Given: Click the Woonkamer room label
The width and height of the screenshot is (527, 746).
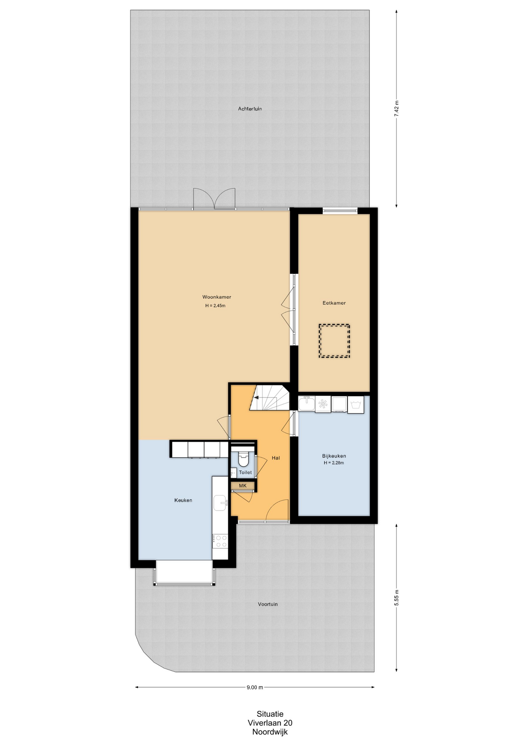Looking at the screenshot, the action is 217,297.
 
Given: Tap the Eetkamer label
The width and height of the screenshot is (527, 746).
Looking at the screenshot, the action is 334,303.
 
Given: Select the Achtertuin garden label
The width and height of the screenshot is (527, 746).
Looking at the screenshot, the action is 250,109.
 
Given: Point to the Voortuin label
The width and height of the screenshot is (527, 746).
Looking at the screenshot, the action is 268,604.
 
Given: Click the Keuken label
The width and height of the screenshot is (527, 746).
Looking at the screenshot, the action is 183,500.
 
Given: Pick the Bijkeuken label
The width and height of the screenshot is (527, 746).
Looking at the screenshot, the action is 334,456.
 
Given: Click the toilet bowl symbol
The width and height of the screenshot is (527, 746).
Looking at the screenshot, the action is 243,459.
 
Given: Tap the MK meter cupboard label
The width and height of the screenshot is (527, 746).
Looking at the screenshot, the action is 243,486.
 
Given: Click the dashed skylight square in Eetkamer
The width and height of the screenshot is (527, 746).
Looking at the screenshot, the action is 334,341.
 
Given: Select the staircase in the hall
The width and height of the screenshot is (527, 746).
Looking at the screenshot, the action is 270,397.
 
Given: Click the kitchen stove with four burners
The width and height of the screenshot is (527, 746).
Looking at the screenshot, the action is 220,541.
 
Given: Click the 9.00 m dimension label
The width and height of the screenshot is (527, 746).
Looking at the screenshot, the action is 255,687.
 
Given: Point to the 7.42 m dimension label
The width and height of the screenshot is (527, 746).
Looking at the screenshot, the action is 396,109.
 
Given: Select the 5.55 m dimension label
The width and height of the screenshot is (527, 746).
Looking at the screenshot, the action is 396,598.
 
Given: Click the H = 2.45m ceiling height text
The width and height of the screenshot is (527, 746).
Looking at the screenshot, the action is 215,306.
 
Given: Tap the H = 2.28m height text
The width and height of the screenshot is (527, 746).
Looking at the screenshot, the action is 334,463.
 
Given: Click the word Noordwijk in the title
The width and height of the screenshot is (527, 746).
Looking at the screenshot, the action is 270,732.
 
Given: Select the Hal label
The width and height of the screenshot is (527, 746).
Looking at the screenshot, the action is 276,458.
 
